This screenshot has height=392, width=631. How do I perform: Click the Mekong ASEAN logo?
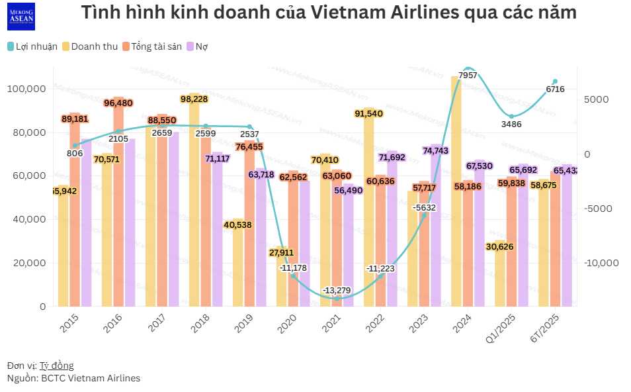pos(21,17)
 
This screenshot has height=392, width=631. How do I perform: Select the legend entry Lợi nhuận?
pos(32,46)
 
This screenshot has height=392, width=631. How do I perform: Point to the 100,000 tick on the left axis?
pos(28,89)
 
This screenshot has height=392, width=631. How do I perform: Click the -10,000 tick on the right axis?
pos(602,263)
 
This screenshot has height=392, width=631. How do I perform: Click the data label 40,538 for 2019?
pos(238,225)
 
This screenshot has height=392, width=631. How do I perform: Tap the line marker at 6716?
pos(555,81)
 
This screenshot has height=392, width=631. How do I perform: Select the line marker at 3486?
pos(511,117)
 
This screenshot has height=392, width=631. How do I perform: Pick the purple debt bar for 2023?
pos(436,232)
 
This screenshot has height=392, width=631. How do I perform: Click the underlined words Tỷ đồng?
pos(56,366)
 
